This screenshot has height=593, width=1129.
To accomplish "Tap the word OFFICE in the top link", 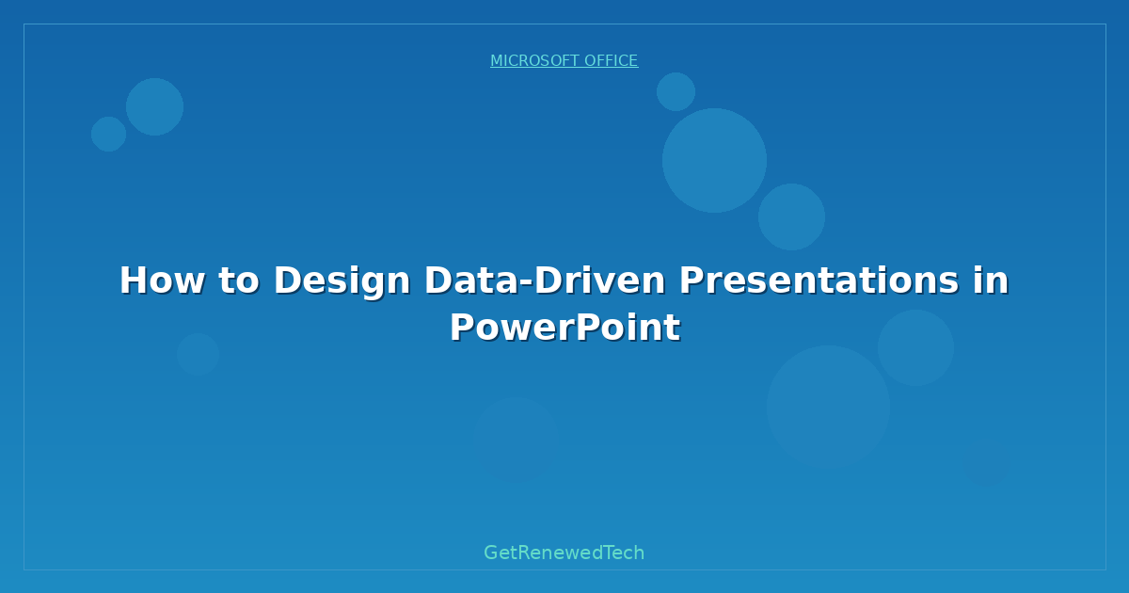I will [611, 61].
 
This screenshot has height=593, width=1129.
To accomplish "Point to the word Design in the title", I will [342, 280].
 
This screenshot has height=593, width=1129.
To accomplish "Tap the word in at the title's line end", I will [991, 280].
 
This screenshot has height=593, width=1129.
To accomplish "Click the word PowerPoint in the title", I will [564, 328].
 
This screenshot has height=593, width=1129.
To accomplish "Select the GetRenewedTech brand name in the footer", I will [564, 553].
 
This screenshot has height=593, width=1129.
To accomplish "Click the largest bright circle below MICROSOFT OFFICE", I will [714, 160].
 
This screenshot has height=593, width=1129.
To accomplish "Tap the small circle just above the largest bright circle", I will [676, 91].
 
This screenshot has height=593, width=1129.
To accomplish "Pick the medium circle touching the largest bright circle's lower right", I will [791, 216].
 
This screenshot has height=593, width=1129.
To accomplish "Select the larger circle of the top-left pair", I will [154, 106].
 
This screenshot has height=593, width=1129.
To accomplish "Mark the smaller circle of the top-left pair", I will [108, 134].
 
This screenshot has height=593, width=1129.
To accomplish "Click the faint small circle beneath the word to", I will [198, 354].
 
